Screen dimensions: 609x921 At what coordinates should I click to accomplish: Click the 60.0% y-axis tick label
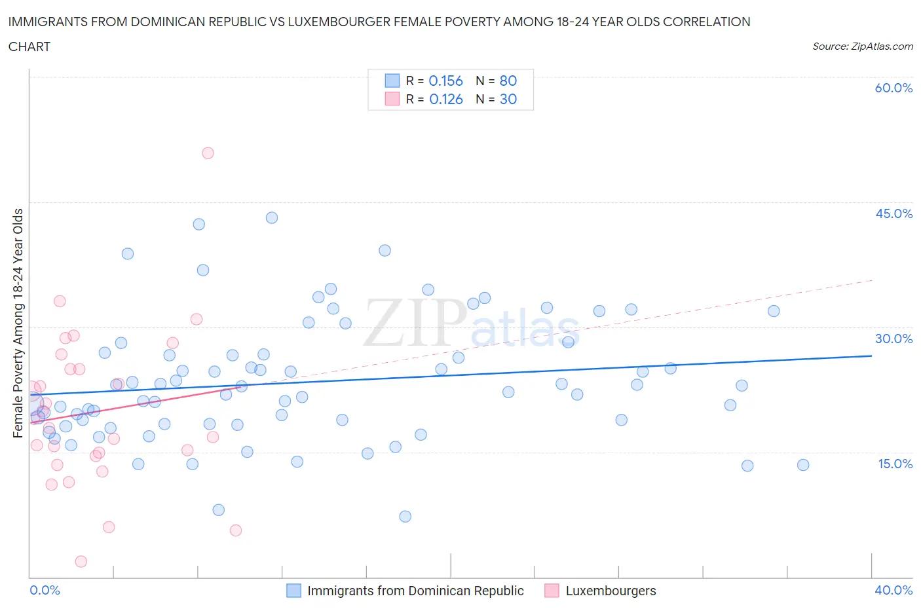[893, 88]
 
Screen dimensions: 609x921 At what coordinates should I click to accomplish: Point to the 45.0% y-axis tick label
[893, 213]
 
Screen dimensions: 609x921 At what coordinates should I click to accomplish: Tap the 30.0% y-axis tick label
[893, 339]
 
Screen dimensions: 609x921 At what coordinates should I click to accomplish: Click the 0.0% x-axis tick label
[45, 590]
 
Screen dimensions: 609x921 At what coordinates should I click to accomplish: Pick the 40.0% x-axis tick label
[893, 590]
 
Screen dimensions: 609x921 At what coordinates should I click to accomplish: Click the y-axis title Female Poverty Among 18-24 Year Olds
[18, 323]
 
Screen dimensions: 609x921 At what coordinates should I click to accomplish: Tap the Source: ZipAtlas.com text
[862, 46]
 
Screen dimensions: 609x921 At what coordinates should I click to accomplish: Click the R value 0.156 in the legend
[445, 81]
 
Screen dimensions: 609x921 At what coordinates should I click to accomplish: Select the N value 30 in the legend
[508, 99]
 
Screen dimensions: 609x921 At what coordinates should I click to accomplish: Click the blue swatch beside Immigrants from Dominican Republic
[294, 591]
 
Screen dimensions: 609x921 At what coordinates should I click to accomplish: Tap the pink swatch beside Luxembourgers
[552, 591]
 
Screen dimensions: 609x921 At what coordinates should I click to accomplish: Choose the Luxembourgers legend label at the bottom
[611, 591]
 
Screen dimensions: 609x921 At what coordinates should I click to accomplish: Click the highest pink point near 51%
[208, 153]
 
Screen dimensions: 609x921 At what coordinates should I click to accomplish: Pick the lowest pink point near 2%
[81, 561]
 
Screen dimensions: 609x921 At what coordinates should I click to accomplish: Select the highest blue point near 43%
[272, 217]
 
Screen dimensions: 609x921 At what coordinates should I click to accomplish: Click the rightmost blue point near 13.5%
[803, 465]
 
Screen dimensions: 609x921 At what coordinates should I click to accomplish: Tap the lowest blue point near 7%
[405, 517]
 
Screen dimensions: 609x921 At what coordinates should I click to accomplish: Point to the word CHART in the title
[29, 46]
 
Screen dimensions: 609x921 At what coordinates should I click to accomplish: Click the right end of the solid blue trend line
[871, 356]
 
